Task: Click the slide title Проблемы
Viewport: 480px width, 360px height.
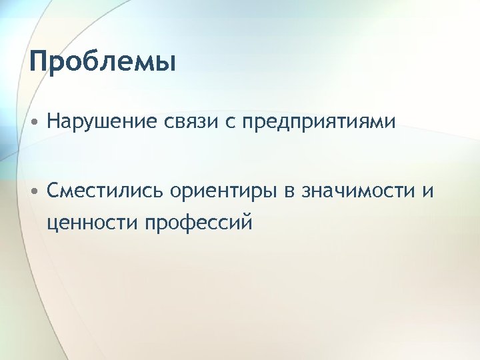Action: (x=103, y=63)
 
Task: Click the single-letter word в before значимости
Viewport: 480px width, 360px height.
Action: (x=287, y=192)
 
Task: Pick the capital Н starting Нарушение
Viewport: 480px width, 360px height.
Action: (x=53, y=122)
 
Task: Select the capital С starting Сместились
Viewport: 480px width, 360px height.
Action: (x=54, y=191)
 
